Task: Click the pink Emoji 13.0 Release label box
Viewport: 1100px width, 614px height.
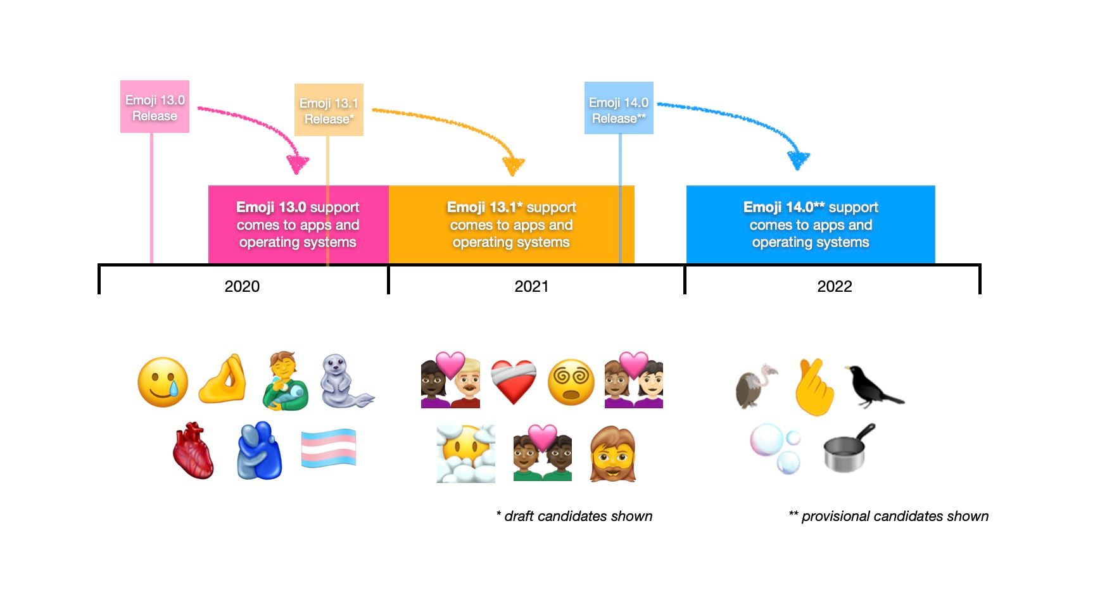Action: (x=155, y=107)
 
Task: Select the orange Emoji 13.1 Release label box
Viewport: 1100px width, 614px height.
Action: (x=329, y=110)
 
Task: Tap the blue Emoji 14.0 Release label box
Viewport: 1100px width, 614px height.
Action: (x=619, y=108)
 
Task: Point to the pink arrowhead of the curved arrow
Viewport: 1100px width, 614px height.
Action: (x=297, y=164)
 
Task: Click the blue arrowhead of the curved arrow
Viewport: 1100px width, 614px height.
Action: (x=798, y=160)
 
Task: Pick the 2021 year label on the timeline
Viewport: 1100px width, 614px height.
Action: (x=531, y=286)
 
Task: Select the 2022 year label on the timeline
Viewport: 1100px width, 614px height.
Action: (x=834, y=286)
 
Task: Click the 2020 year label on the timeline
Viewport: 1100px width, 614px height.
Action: (x=242, y=286)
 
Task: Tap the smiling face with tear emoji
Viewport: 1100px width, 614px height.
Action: (x=163, y=382)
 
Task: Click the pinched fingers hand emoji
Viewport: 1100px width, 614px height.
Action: (x=222, y=379)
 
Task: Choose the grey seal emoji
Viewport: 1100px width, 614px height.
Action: (x=345, y=382)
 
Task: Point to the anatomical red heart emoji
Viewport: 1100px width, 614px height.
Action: (x=193, y=451)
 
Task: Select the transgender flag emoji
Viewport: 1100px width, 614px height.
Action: (x=329, y=448)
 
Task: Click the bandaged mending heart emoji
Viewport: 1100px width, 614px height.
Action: (x=514, y=382)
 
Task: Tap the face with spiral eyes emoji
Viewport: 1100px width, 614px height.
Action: (x=571, y=382)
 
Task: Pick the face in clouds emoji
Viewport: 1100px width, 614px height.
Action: (x=466, y=454)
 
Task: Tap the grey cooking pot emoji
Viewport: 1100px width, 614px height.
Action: (x=847, y=449)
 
